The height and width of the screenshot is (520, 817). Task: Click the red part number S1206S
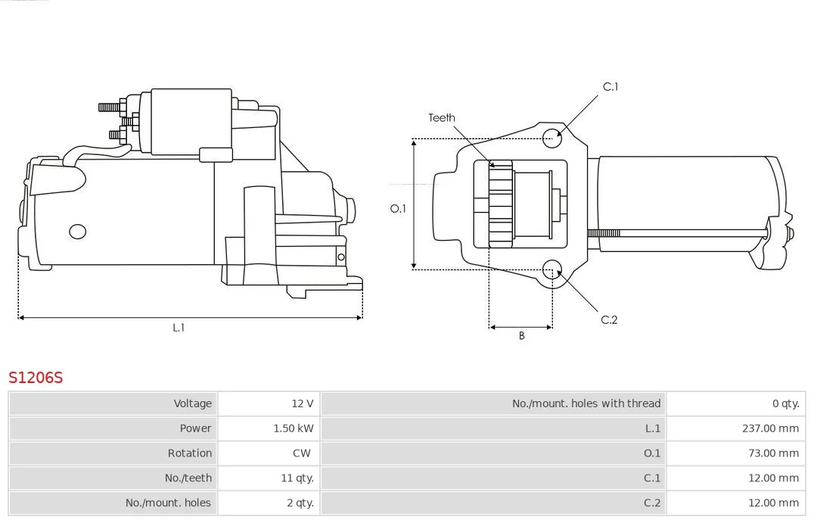tap(36, 377)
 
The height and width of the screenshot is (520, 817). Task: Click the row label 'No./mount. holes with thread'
tap(586, 403)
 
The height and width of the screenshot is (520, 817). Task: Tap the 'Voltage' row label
tap(192, 403)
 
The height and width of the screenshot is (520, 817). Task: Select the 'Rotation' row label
tap(189, 453)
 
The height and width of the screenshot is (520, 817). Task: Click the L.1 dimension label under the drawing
tap(179, 328)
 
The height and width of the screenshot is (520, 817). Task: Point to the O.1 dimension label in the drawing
tap(398, 208)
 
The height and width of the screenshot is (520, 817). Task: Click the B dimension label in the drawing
tap(521, 335)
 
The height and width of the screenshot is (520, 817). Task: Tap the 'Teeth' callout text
tap(442, 117)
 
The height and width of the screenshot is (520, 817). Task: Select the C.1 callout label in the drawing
tap(610, 86)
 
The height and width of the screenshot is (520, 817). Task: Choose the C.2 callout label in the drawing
tap(609, 319)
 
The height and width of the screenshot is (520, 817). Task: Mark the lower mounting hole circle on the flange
tap(552, 269)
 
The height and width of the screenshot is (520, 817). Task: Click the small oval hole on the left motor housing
tap(77, 231)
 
